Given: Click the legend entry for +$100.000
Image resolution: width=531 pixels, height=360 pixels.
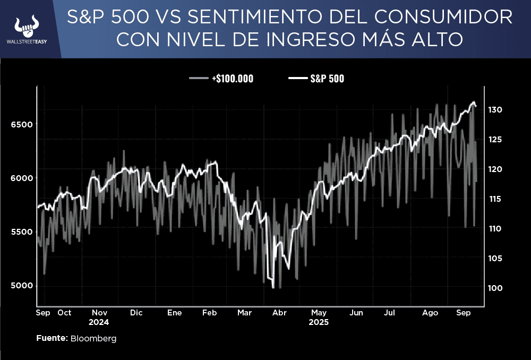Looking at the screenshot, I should [232, 79].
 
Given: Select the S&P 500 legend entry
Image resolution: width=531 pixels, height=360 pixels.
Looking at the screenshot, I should [327, 79].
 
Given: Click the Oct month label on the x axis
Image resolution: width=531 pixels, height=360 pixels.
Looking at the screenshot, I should [64, 313].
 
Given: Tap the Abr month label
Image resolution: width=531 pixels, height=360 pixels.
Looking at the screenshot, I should [279, 313].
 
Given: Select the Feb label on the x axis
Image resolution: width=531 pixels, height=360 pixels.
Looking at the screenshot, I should [209, 313].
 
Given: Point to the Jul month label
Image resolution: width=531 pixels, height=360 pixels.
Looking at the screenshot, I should [389, 313].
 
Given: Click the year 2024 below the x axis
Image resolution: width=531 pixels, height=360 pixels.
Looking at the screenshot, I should [99, 322].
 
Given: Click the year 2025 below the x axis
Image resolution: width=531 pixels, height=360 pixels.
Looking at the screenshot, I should [319, 322].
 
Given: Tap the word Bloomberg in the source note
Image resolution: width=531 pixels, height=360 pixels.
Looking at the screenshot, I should [93, 338].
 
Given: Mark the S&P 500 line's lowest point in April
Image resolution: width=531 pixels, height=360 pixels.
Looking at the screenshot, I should [273, 288].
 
